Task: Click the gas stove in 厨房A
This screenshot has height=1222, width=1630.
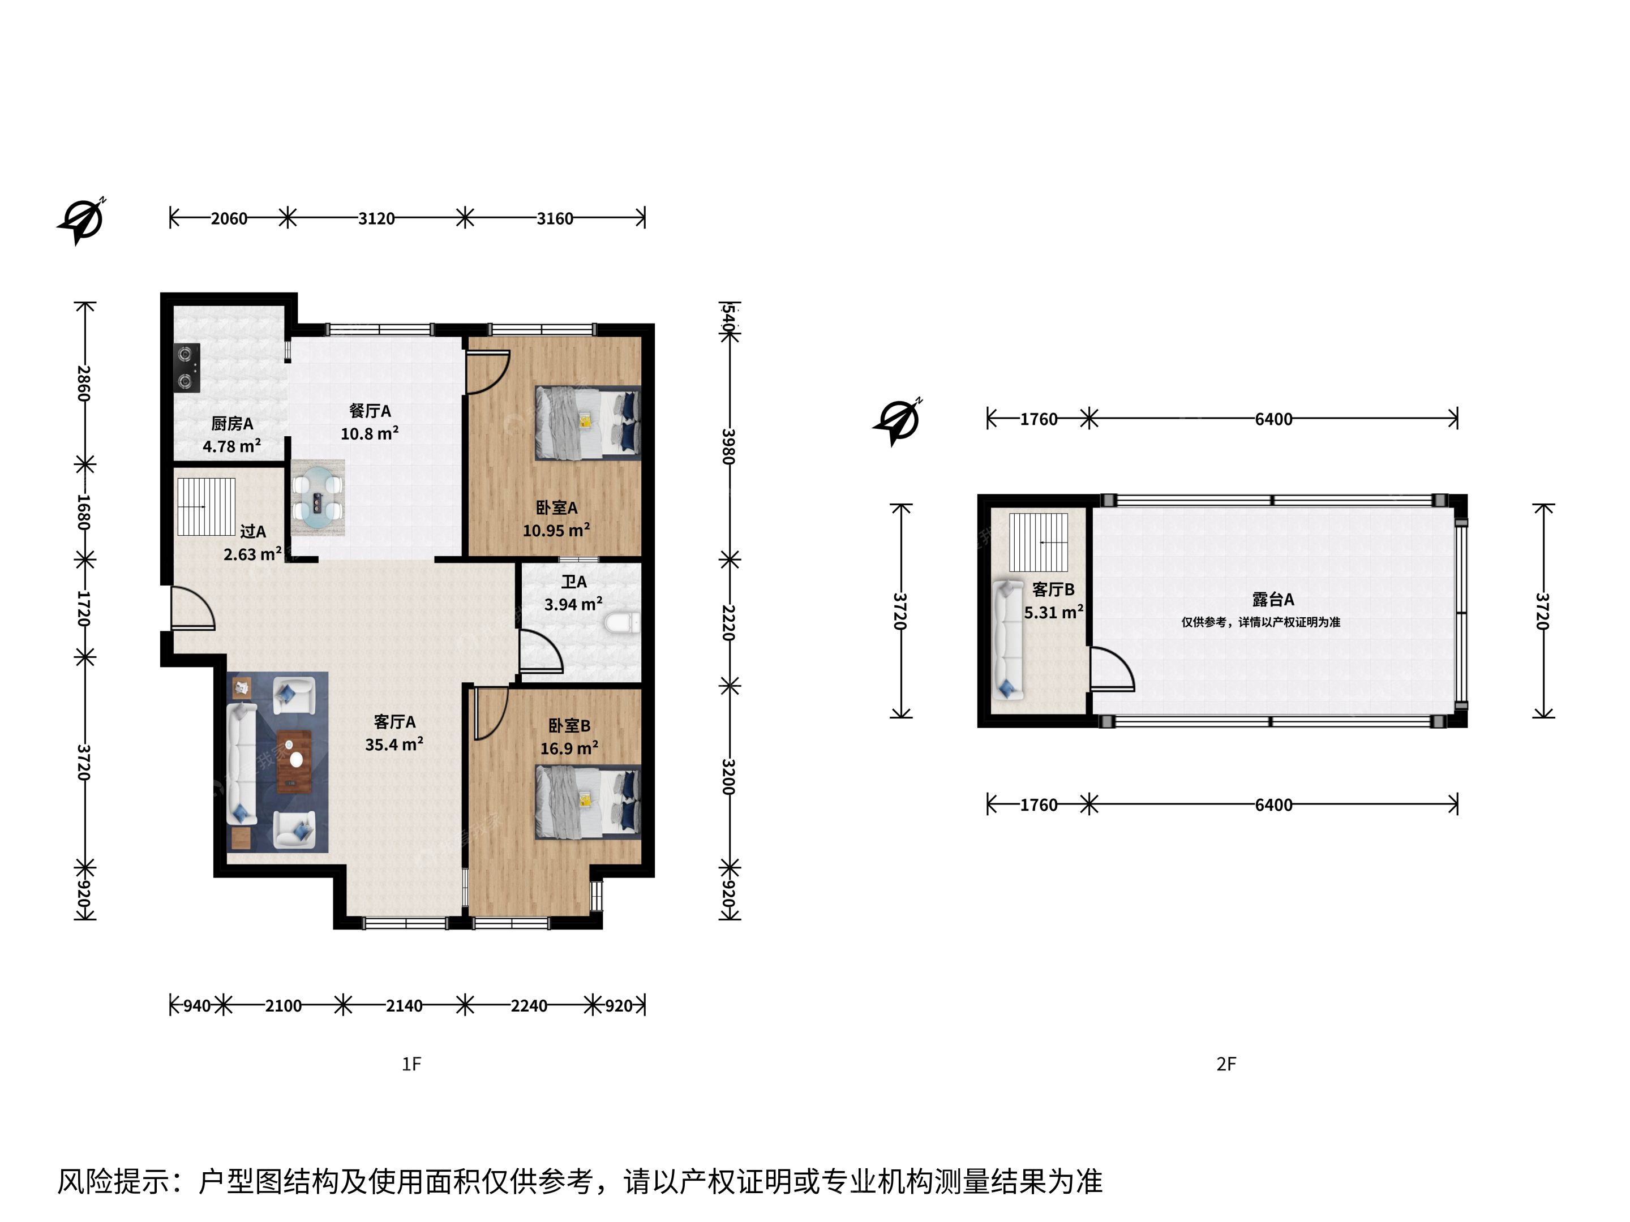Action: [186, 368]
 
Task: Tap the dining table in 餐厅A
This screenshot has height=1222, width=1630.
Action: [318, 497]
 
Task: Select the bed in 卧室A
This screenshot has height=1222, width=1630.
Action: [588, 424]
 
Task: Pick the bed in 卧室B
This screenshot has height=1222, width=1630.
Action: [588, 802]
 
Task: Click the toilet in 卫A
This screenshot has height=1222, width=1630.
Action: [622, 623]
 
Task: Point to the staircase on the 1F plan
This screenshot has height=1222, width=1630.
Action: [207, 507]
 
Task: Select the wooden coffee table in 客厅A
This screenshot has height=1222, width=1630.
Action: [294, 761]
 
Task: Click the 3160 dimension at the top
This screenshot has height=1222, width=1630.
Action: [555, 219]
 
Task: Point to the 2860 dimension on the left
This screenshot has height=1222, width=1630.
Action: [84, 383]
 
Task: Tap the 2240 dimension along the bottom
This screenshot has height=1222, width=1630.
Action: [529, 1005]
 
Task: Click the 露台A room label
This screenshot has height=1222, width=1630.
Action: [1273, 600]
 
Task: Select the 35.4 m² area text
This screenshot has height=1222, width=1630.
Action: [394, 745]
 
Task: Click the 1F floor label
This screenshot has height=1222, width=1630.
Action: [411, 1064]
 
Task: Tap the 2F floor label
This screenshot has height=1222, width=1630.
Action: [1226, 1064]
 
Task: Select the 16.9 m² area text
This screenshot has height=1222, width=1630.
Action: [569, 749]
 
